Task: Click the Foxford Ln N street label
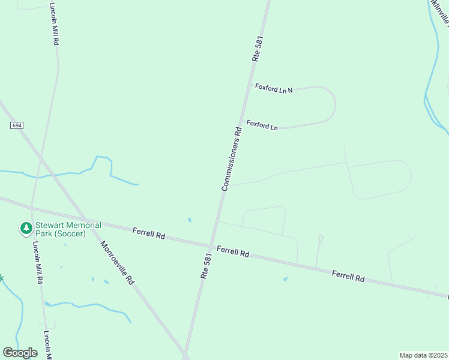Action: [x=273, y=89]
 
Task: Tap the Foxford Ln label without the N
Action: [x=262, y=126]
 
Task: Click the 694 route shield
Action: [x=16, y=125]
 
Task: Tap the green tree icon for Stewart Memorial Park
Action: [x=26, y=228]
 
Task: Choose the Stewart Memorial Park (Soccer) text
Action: [x=68, y=229]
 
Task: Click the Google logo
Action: [x=20, y=352]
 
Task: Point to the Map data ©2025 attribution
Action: [x=423, y=355]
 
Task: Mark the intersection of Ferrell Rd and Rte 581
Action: [x=210, y=246]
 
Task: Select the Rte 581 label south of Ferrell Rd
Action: [x=206, y=266]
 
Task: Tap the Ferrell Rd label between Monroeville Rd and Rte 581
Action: [x=149, y=233]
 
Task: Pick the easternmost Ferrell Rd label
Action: [x=348, y=276]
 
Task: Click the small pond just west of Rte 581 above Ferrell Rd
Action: [x=190, y=220]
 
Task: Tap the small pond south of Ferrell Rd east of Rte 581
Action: [x=285, y=279]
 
